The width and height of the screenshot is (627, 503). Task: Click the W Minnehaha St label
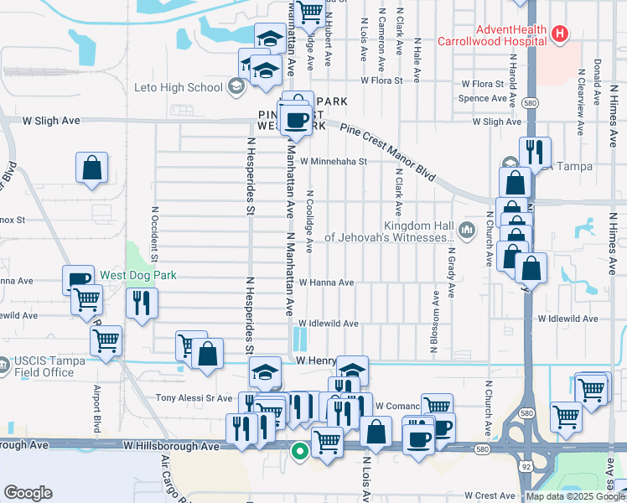click(x=334, y=161)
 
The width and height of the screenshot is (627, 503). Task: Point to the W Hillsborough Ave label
click(x=171, y=447)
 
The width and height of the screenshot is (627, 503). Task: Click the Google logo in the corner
click(x=28, y=493)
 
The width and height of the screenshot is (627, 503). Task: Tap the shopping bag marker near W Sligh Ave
click(x=91, y=167)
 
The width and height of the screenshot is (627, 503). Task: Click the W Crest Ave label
click(x=490, y=495)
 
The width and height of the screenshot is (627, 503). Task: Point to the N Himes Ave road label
click(x=614, y=243)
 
